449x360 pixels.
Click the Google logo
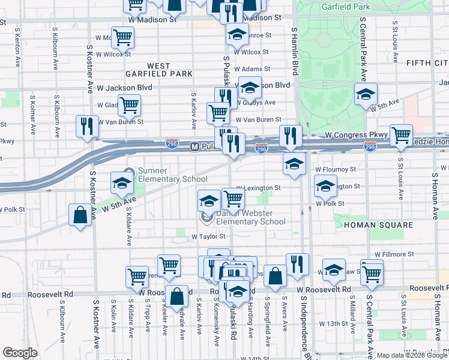coord(20,353)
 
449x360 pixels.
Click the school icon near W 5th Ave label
coord(366,94)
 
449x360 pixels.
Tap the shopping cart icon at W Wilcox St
coord(122,38)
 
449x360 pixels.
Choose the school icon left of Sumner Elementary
coord(122,184)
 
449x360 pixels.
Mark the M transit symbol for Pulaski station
coord(194,146)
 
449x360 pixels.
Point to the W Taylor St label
coord(208,237)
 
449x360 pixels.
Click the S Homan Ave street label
coord(434,193)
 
